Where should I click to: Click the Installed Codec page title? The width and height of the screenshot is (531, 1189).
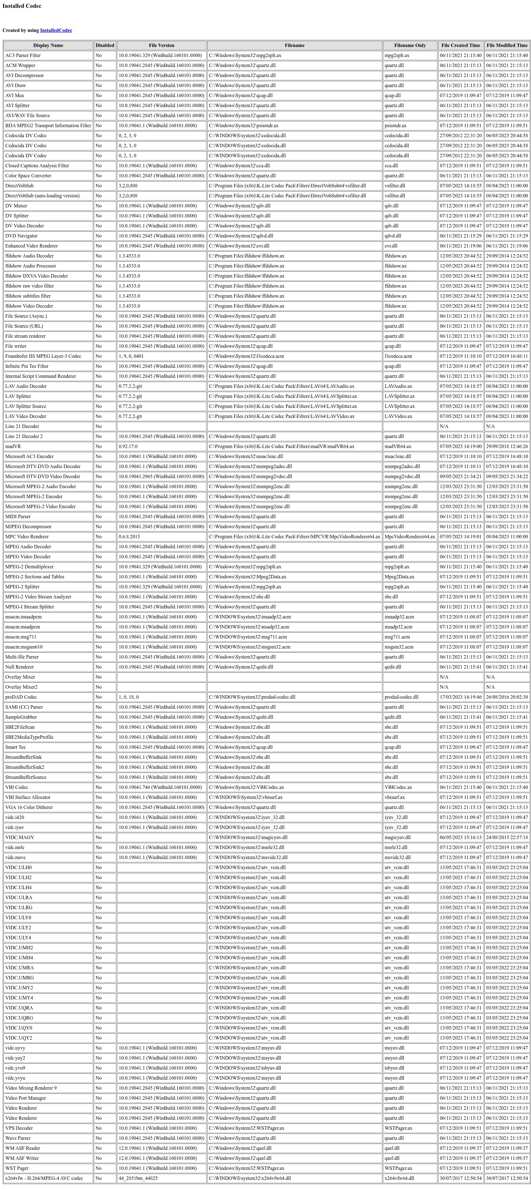[22, 6]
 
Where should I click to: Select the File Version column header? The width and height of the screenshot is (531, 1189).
[161, 45]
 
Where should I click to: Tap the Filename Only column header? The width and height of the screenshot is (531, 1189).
[410, 45]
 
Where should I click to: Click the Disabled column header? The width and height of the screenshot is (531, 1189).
[105, 45]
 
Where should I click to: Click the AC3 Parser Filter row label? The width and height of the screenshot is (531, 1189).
[23, 55]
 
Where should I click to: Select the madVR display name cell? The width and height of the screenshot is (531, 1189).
[13, 446]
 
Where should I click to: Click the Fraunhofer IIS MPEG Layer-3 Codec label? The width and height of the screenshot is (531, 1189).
[43, 356]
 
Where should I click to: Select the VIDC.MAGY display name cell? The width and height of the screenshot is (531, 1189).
[19, 837]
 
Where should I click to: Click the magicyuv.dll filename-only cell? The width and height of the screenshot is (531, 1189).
[397, 837]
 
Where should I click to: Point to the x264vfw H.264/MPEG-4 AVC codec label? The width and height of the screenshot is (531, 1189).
[44, 1178]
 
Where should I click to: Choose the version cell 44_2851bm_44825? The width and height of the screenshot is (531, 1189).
[138, 1178]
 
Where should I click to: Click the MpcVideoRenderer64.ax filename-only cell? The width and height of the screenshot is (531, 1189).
[410, 536]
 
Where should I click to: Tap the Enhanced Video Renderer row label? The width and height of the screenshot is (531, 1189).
[31, 246]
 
